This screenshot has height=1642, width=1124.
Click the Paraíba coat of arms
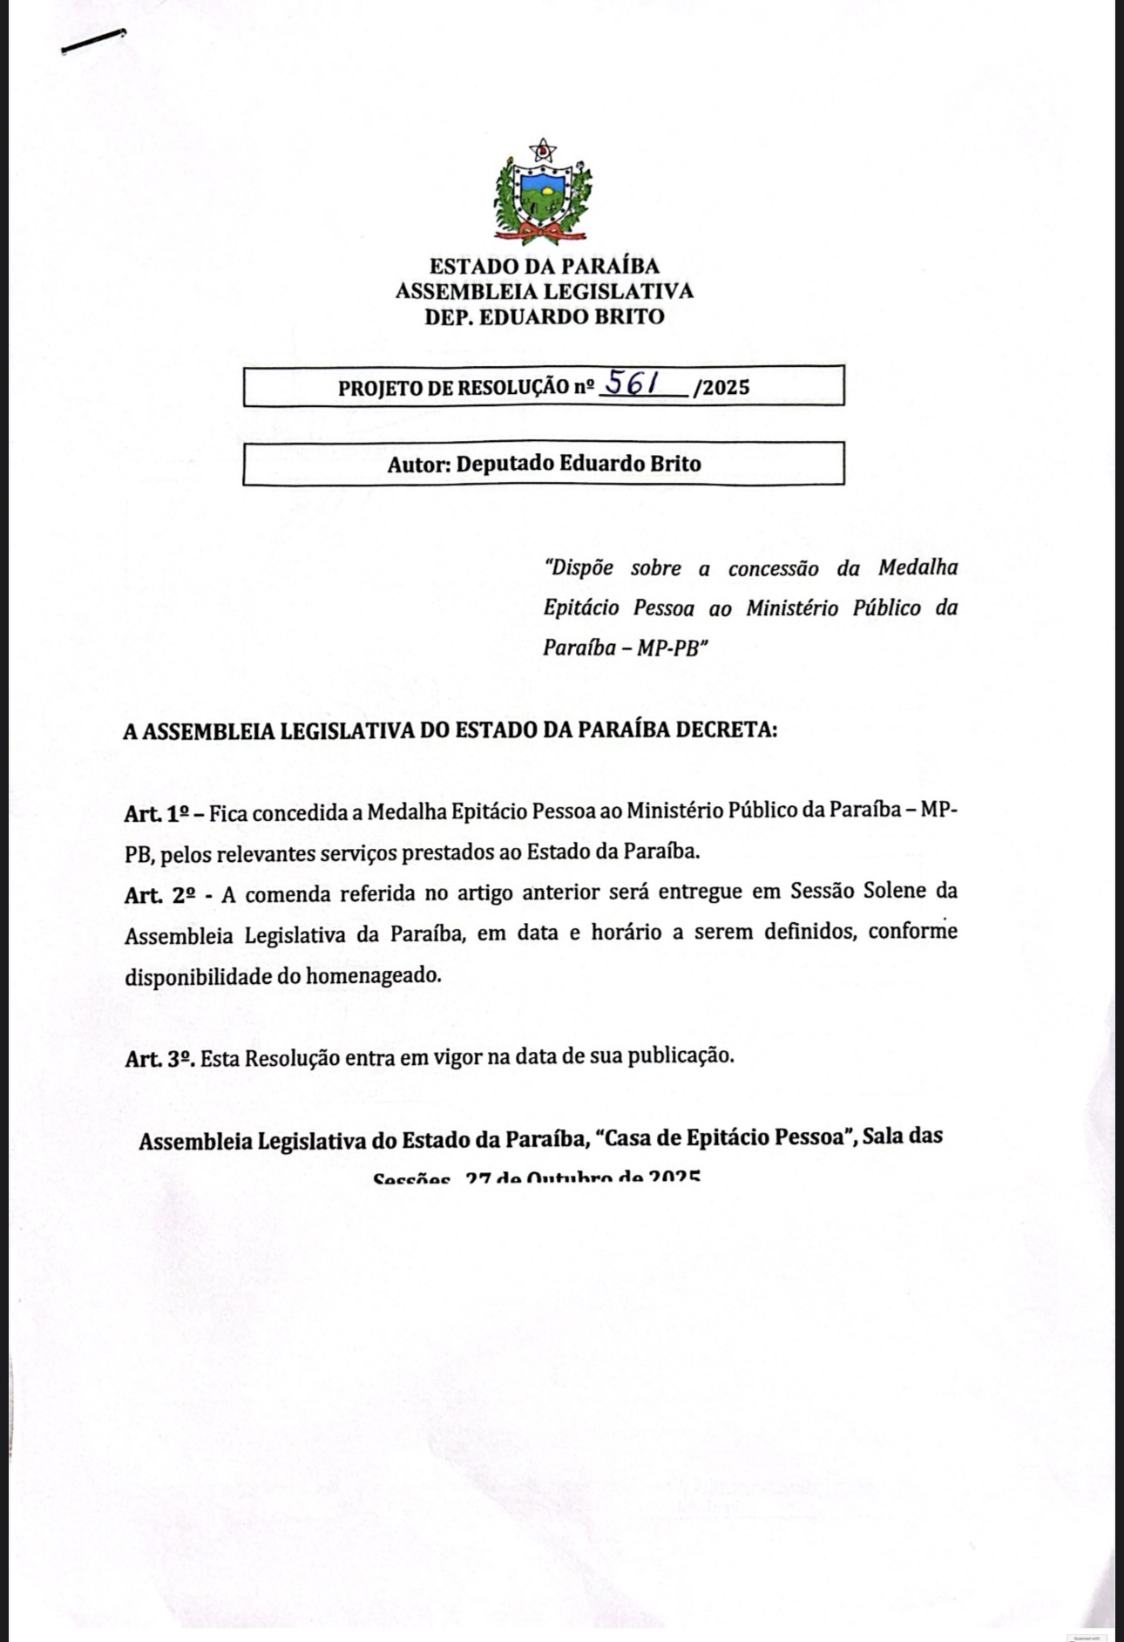coord(543,193)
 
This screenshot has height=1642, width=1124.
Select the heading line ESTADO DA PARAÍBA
coord(544,266)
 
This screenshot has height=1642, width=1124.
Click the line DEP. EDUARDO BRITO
coord(544,316)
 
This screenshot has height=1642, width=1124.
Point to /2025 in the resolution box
coord(721,388)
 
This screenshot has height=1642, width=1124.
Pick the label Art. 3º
coord(159,1058)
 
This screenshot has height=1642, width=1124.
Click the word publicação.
coord(680,1056)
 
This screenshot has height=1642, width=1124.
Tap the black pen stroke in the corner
coord(93,41)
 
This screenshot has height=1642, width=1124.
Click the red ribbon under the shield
coord(543,231)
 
